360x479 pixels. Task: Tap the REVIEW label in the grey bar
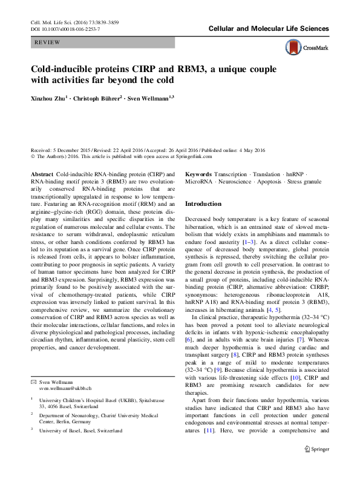coord(47,43)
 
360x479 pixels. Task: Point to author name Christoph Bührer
coord(96,97)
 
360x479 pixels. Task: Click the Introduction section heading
coord(203,204)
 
